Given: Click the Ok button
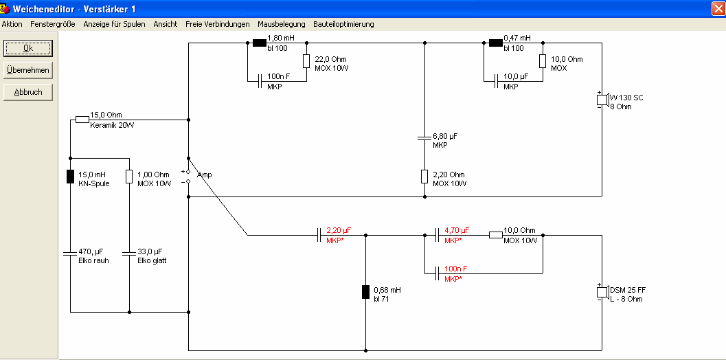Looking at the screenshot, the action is click(28, 48).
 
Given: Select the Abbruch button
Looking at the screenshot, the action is click(28, 92).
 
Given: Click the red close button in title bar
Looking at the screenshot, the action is click(718, 8).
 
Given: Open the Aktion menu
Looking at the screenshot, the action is click(12, 24).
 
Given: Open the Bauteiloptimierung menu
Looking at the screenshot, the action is click(343, 24).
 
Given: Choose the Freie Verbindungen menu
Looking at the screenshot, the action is click(218, 24).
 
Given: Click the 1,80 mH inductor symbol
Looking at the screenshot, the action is click(260, 43).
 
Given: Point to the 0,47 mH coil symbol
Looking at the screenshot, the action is click(496, 43).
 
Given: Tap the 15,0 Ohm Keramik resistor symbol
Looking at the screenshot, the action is click(82, 120).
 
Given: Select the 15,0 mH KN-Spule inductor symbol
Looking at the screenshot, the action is click(70, 177).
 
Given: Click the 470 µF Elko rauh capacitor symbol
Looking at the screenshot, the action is click(70, 254).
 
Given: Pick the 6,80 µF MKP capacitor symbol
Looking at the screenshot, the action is click(424, 138).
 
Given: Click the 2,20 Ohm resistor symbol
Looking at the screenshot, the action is click(424, 177).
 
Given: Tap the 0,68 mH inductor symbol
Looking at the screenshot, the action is click(366, 292).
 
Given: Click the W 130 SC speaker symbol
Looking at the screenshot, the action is click(602, 100).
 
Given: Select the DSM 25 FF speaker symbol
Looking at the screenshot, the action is click(602, 293).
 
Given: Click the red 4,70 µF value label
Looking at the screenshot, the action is click(457, 230).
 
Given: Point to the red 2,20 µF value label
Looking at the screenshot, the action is click(339, 230).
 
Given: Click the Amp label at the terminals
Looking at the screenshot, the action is click(204, 175).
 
